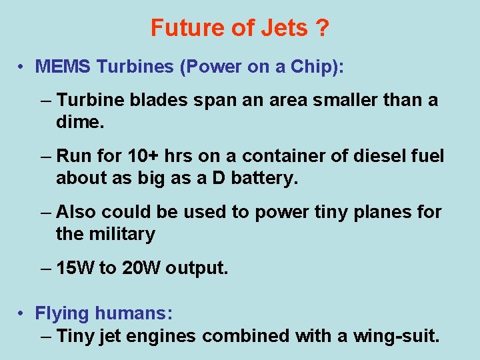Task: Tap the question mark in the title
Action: (x=322, y=29)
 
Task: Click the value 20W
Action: (x=141, y=268)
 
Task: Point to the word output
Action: (x=197, y=268)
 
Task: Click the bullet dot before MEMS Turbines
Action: (x=22, y=67)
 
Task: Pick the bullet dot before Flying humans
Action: (x=22, y=313)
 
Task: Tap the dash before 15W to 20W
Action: (x=45, y=268)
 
